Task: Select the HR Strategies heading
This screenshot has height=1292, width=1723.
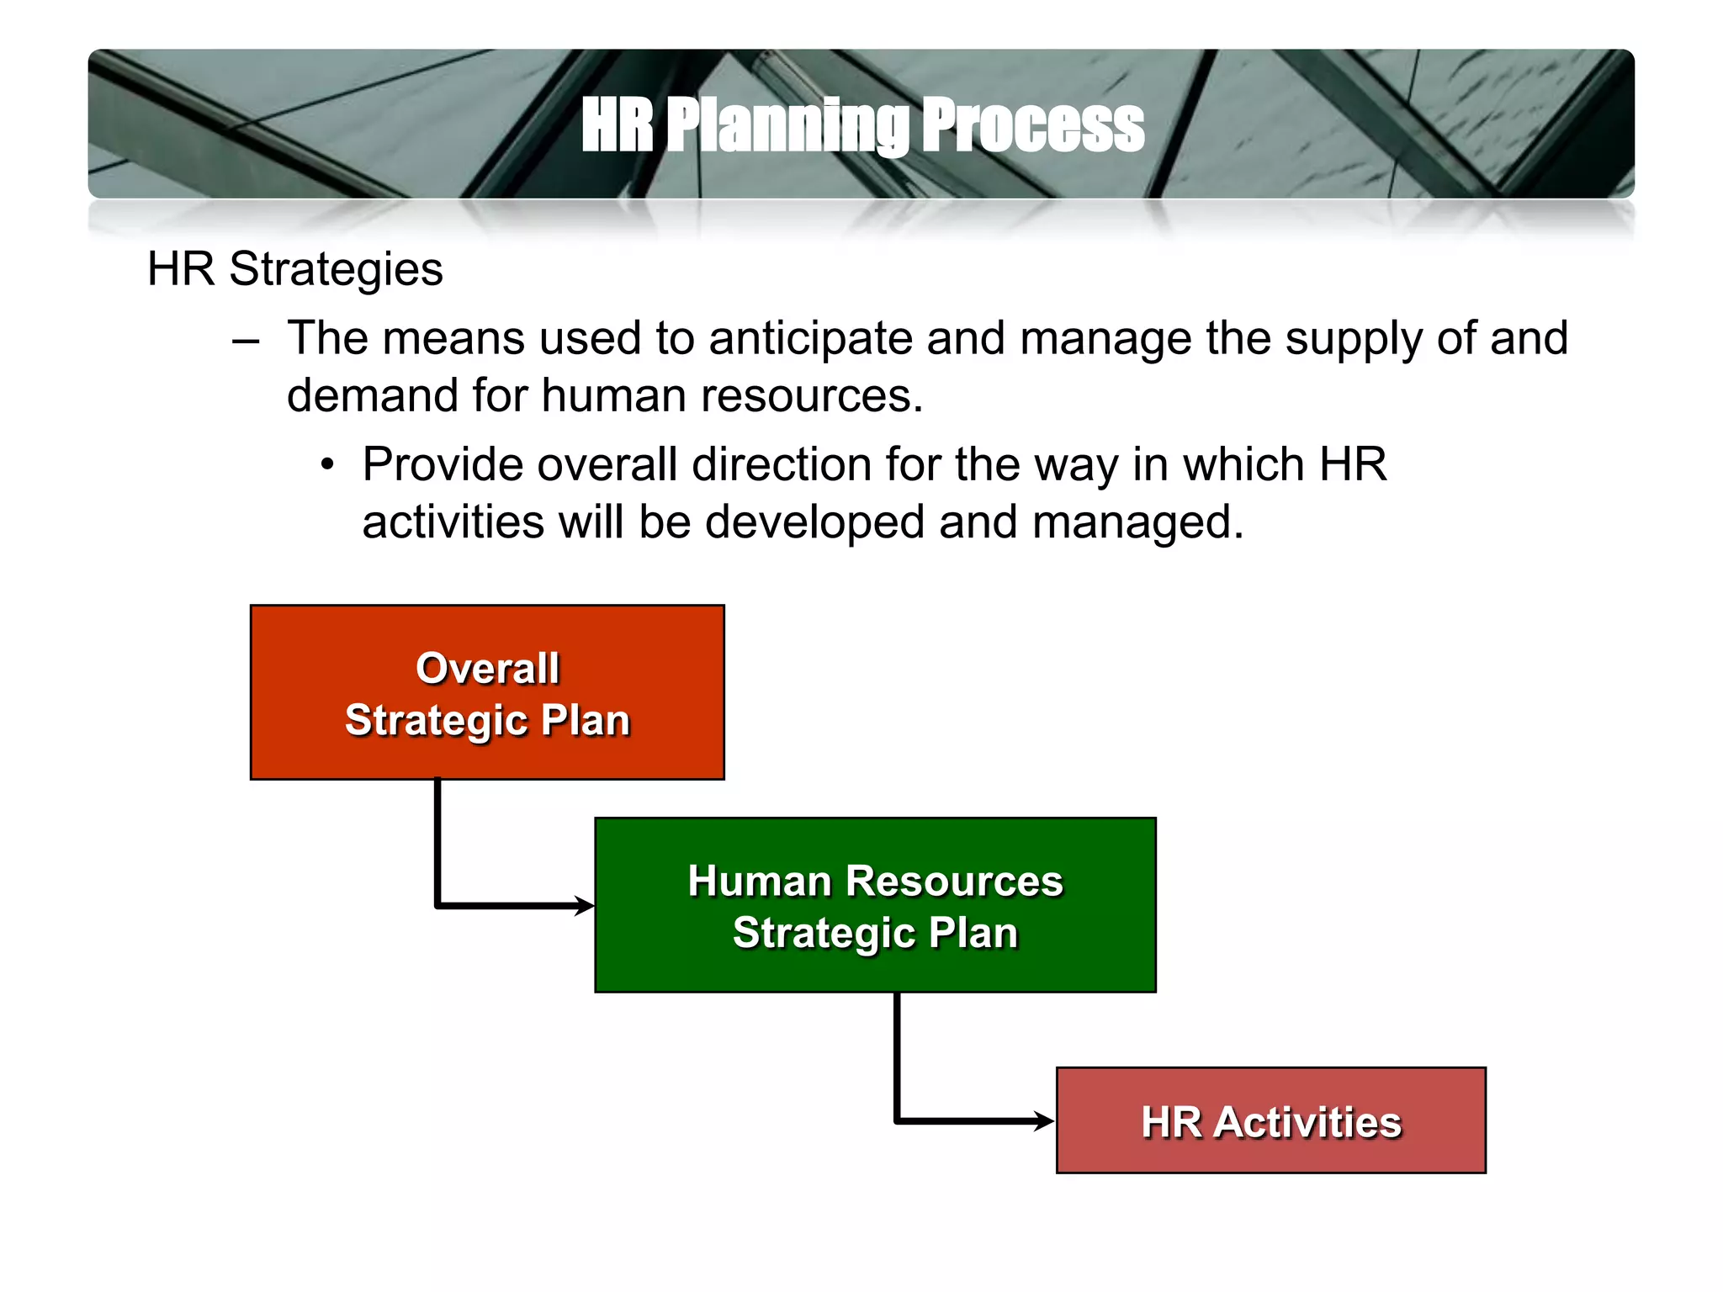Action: [x=294, y=269]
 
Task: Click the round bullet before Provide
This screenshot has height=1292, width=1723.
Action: [x=327, y=465]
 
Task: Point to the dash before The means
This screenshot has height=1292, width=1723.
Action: [x=246, y=342]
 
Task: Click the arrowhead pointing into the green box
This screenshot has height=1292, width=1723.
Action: [x=586, y=906]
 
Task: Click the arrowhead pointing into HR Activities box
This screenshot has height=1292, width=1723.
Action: [x=1046, y=1120]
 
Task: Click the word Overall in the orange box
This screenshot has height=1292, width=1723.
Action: [x=487, y=669]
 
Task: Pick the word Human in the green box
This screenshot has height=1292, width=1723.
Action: [x=760, y=882]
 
